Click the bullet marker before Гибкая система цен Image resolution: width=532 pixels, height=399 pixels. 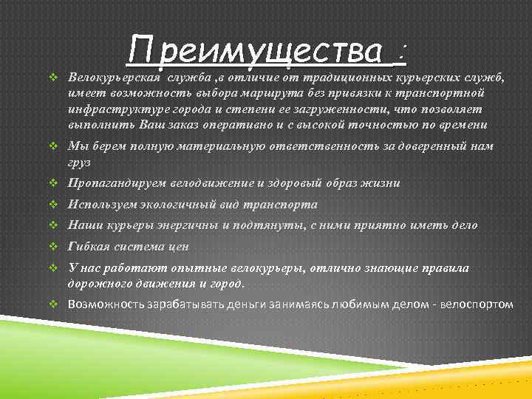click(x=52, y=246)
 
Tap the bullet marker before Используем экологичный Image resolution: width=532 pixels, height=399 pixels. click(x=52, y=205)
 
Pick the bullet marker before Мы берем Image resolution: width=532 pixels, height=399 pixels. click(x=52, y=146)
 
